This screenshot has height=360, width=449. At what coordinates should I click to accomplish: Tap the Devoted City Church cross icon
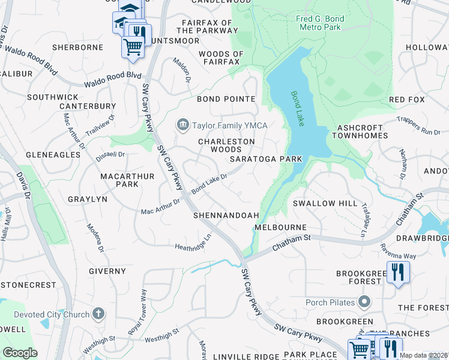(99, 314)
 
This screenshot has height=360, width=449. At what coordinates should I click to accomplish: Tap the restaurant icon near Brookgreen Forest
(397, 274)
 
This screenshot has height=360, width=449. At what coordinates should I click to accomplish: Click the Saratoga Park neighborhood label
(266, 159)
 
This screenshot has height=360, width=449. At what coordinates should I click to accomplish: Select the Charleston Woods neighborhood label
(227, 145)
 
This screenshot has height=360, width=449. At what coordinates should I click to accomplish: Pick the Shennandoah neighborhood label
(226, 215)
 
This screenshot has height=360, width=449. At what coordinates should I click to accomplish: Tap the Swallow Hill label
(325, 203)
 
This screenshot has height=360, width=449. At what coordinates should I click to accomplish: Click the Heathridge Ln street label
(193, 242)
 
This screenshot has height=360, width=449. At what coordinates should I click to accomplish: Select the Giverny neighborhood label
(107, 271)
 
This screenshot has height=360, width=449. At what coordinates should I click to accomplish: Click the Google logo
(20, 353)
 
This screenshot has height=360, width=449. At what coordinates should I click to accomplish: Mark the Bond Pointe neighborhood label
(226, 99)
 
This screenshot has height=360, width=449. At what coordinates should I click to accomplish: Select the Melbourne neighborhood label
(280, 228)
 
